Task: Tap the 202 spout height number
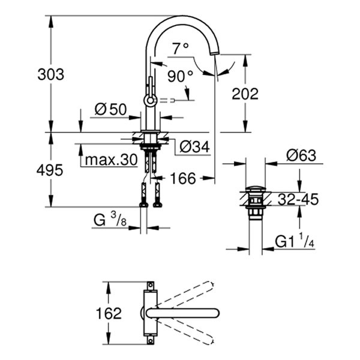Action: pos(245,94)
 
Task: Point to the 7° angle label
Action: pos(179,47)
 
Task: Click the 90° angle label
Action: pos(180,76)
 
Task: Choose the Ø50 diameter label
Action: pos(110,109)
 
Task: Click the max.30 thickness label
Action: pos(111,160)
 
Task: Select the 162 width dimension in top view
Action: pos(109,313)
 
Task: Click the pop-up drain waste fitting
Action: pos(254,201)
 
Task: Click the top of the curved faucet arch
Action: pos(180,17)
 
